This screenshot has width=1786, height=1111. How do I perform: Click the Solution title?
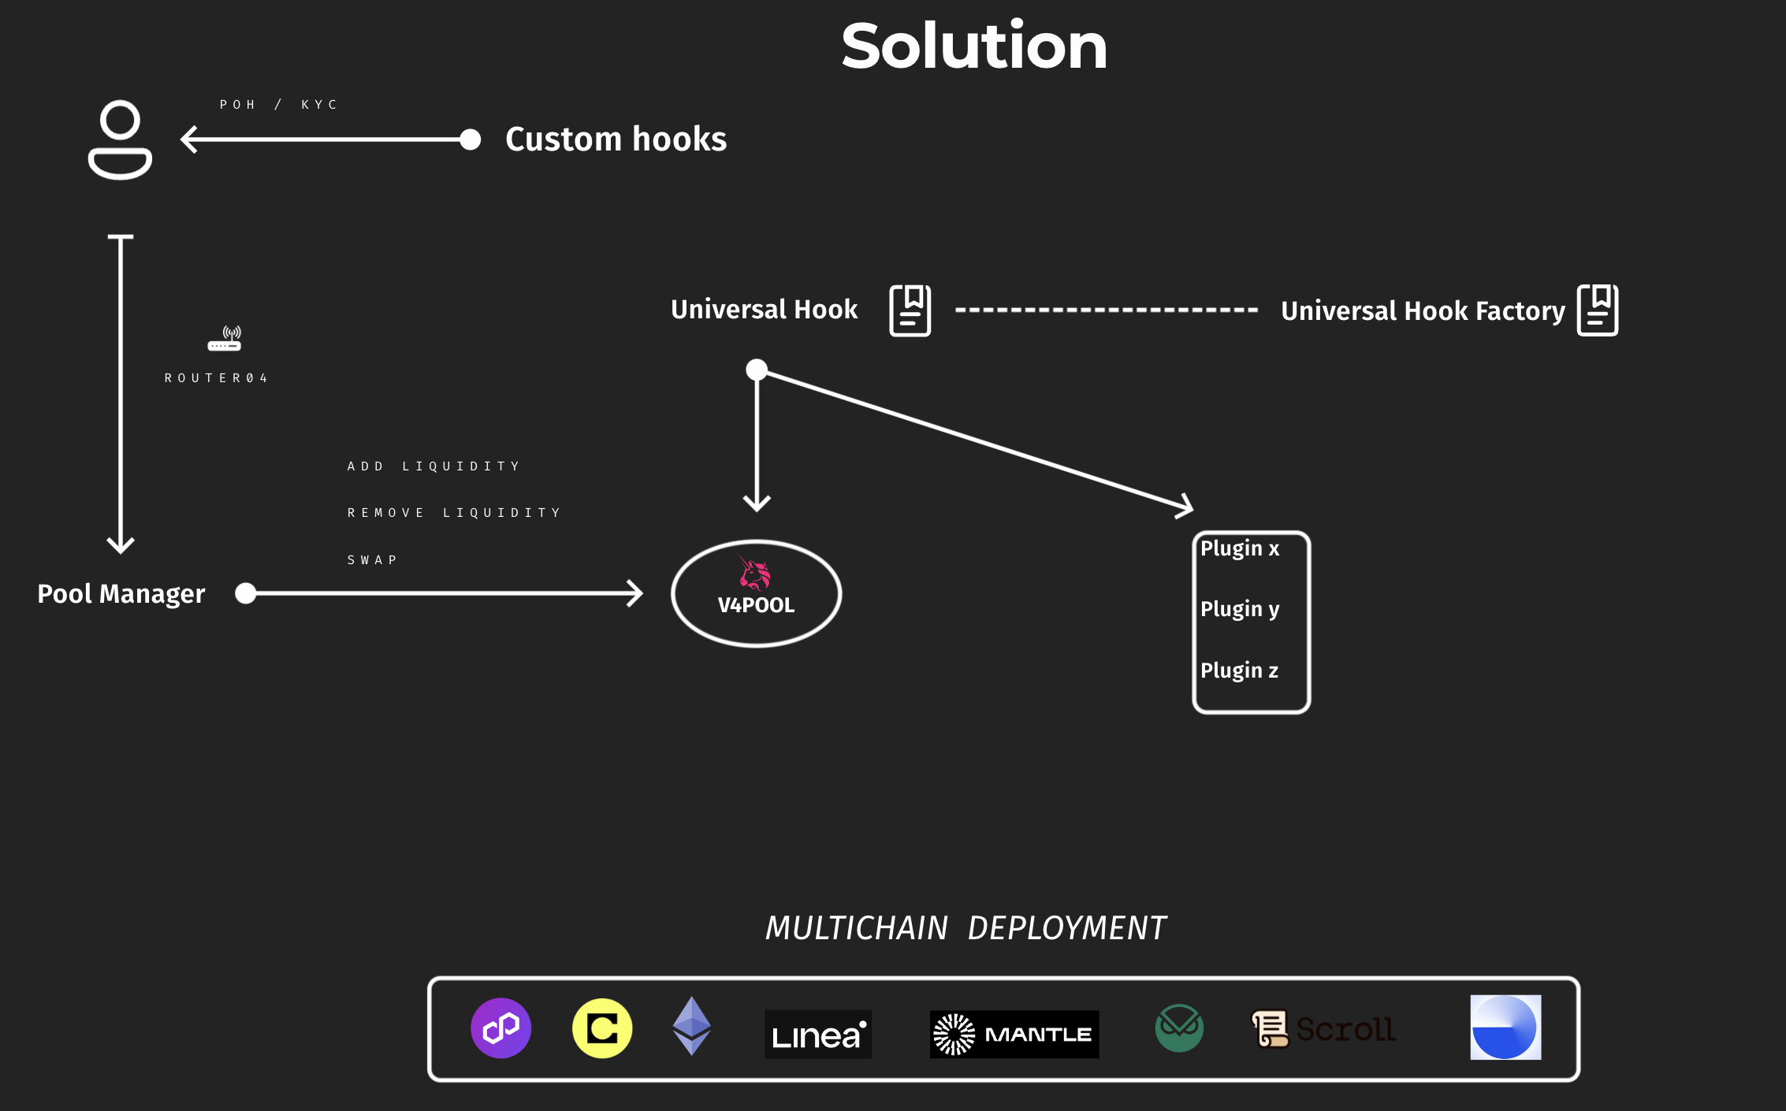click(x=974, y=46)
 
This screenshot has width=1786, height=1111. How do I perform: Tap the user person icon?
click(x=120, y=140)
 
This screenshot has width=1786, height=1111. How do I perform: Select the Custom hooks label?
click(x=616, y=139)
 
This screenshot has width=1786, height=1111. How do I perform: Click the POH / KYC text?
click(x=278, y=105)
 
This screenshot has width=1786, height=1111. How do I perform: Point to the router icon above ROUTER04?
click(x=225, y=339)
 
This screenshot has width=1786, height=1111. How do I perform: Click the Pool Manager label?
click(x=121, y=593)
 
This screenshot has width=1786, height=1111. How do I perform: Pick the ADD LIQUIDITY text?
click(x=433, y=466)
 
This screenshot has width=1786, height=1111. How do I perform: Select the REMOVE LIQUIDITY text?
click(x=454, y=513)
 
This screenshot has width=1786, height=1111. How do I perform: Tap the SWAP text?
click(x=372, y=560)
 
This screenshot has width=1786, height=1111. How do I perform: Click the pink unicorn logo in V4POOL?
click(x=754, y=573)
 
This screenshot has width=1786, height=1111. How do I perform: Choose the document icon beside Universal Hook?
click(x=910, y=310)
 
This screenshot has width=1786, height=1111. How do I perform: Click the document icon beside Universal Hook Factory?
click(x=1598, y=310)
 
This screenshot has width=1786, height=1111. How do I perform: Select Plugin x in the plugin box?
click(x=1240, y=548)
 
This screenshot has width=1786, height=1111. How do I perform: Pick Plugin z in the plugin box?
click(x=1239, y=671)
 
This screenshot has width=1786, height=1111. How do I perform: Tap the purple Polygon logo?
click(x=501, y=1028)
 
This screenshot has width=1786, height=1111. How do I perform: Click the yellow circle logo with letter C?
click(x=602, y=1028)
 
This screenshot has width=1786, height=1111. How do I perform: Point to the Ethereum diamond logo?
click(x=692, y=1026)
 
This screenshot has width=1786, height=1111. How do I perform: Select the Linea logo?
click(x=818, y=1034)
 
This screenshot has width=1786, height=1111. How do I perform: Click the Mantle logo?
click(x=1014, y=1034)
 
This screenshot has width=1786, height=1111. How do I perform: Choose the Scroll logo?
click(x=1324, y=1029)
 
